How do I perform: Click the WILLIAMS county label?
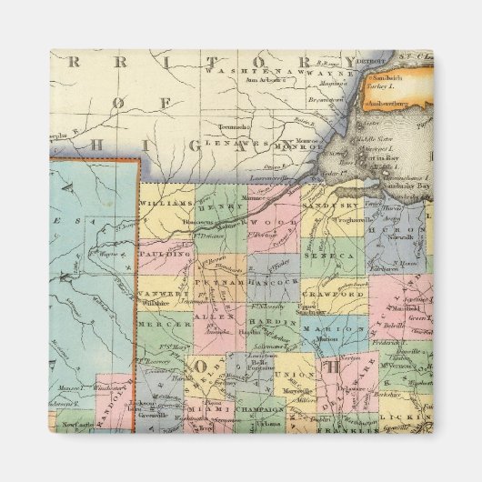click(x=168, y=205)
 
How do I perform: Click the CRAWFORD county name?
click(x=342, y=296)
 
